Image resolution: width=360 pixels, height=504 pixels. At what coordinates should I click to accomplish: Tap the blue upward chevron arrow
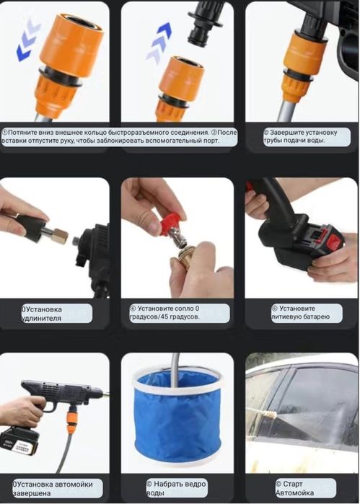[x=159, y=43]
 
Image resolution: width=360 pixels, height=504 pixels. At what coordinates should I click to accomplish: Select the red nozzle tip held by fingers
[x=170, y=224]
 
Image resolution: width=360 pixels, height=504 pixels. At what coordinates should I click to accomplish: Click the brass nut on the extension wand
[x=61, y=236]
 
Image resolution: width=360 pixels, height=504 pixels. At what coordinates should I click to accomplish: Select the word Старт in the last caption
[x=293, y=484]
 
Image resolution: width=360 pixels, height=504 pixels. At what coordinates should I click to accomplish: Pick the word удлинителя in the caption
[x=41, y=318]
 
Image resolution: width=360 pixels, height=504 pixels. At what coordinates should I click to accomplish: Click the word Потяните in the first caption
[x=22, y=133]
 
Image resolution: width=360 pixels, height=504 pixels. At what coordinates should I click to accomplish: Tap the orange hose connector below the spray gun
[x=72, y=420]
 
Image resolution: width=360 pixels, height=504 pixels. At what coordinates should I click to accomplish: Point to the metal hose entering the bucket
[x=175, y=370]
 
